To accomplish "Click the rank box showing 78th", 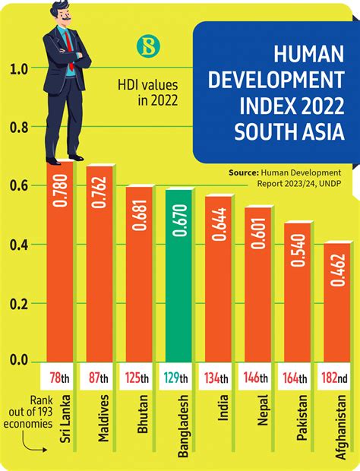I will (x=60, y=378).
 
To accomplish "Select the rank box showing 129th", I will (x=179, y=378).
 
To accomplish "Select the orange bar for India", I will (x=219, y=281).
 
